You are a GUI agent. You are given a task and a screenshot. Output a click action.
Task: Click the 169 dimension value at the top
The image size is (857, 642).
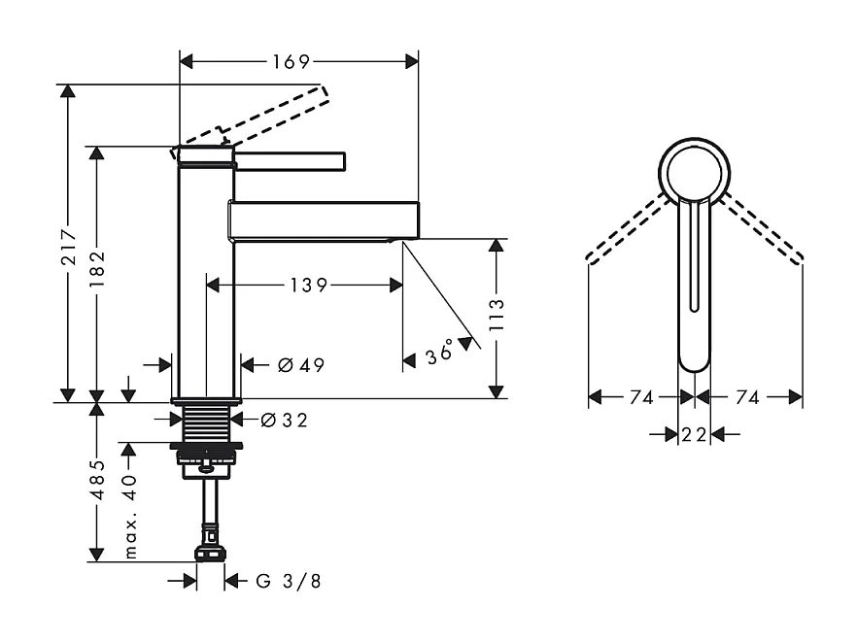290,62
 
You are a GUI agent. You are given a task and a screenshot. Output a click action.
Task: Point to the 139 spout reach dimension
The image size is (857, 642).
307,285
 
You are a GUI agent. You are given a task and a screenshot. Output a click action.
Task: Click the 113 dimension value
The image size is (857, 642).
497,317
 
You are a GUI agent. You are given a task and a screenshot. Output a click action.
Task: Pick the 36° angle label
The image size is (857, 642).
439,354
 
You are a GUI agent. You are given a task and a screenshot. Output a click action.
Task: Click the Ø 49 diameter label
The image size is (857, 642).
300,365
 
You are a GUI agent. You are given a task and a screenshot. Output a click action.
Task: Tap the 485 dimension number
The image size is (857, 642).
97,480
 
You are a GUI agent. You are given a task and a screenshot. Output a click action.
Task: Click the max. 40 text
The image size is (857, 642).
129,515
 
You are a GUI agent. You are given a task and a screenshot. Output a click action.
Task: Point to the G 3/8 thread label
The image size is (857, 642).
289,581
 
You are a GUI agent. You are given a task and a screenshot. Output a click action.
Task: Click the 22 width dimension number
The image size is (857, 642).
694,434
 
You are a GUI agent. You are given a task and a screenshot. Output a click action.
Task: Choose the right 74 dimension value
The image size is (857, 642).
748,396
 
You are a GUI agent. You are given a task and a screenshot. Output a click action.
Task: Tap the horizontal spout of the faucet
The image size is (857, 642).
325,219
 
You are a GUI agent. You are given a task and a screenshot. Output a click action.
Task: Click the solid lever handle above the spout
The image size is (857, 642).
290,159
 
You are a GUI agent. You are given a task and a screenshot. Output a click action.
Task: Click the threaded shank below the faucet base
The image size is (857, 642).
205,420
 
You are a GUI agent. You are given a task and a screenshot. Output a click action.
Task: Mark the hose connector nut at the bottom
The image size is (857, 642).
210,554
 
